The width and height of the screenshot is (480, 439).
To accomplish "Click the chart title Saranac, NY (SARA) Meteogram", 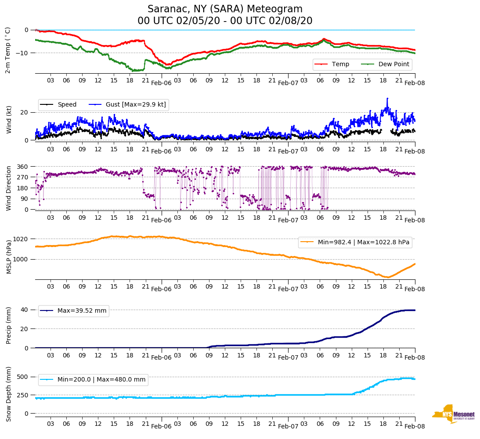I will (x=225, y=9).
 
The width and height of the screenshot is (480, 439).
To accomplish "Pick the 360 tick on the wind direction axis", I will (x=23, y=167).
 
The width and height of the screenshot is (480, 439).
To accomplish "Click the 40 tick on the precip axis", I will (x=25, y=310).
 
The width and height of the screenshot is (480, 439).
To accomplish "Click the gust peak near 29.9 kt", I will (x=387, y=98).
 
